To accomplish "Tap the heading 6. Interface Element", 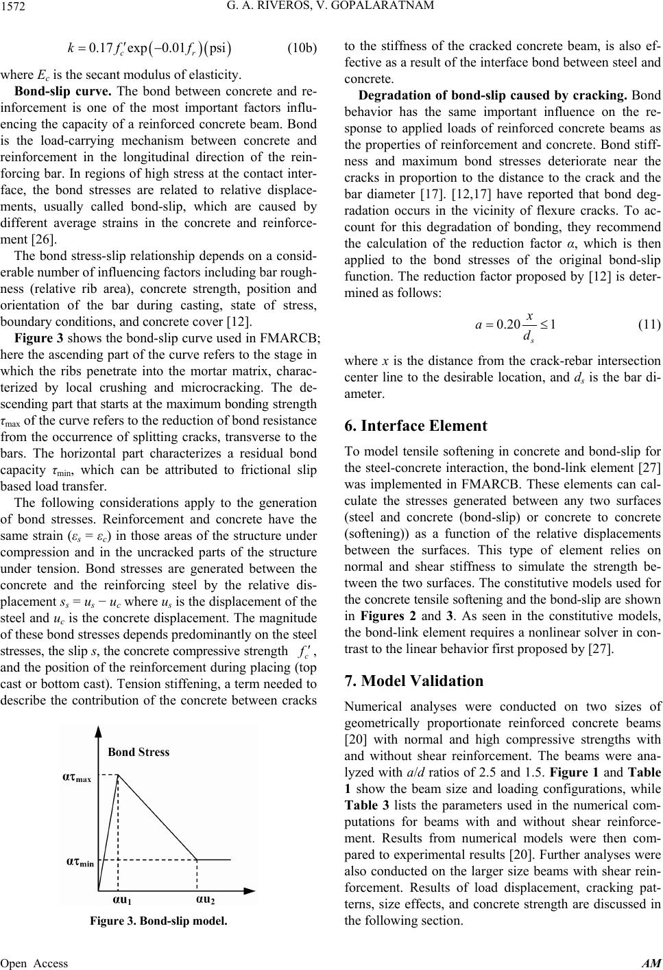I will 415,426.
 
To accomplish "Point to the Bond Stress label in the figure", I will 138,752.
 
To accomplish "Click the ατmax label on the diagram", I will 77,777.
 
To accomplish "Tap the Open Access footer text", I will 34,963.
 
